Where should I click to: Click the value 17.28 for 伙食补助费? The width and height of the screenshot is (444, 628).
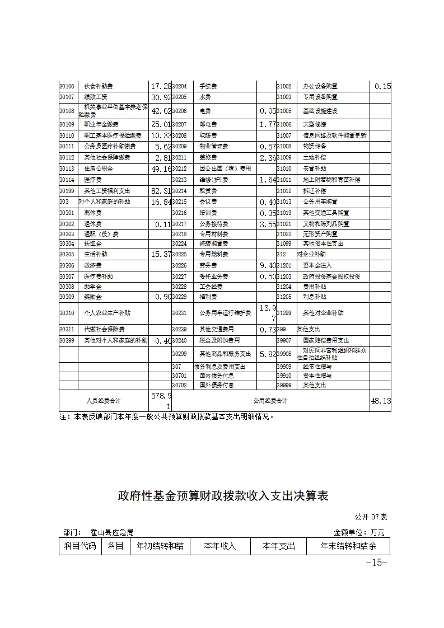pyautogui.click(x=160, y=86)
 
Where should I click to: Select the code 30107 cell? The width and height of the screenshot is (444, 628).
pyautogui.click(x=67, y=97)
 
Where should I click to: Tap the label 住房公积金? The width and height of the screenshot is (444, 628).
pyautogui.click(x=99, y=168)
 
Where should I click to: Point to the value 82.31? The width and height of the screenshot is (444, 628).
pyautogui.click(x=160, y=191)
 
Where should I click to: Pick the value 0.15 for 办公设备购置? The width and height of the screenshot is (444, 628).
pyautogui.click(x=382, y=86)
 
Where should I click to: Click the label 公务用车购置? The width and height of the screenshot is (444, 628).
pyautogui.click(x=318, y=201)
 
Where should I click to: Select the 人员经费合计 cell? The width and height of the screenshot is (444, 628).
pyautogui.click(x=104, y=401)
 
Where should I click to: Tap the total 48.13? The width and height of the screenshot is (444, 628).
pyautogui.click(x=381, y=401)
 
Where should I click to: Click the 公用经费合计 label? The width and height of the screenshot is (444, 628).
pyautogui.click(x=270, y=401)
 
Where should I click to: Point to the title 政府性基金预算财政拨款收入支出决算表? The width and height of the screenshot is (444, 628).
pyautogui.click(x=222, y=496)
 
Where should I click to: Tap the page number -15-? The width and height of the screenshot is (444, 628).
pyautogui.click(x=376, y=563)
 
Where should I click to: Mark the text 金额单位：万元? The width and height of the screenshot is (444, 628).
pyautogui.click(x=359, y=532)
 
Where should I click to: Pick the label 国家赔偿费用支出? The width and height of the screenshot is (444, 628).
pyautogui.click(x=326, y=340)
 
